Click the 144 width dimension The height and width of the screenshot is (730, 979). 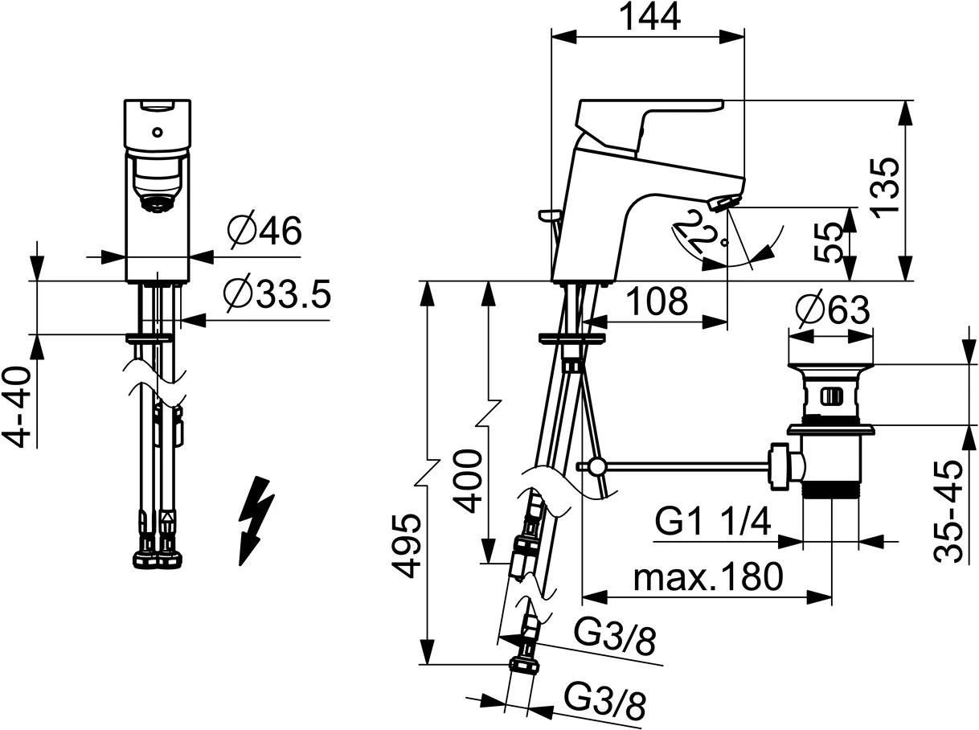(649, 17)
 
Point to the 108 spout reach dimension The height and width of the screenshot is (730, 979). (657, 301)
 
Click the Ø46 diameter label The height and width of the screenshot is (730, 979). (264, 233)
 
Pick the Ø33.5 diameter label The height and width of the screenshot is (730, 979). (276, 296)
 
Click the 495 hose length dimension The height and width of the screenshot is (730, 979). (406, 546)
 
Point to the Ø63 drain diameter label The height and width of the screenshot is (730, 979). (830, 310)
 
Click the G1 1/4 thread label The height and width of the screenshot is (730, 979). (714, 523)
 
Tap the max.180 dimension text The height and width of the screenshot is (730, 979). (707, 576)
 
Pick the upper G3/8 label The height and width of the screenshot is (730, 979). (615, 642)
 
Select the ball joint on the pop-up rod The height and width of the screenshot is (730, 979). (595, 466)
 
